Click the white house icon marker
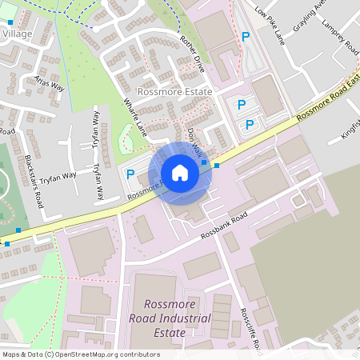click(x=180, y=173)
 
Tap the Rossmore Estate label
click(x=175, y=92)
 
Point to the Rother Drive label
click(x=193, y=54)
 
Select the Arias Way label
click(x=50, y=86)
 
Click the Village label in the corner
click(x=17, y=34)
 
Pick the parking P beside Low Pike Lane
click(x=246, y=37)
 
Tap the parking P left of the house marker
click(x=130, y=174)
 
